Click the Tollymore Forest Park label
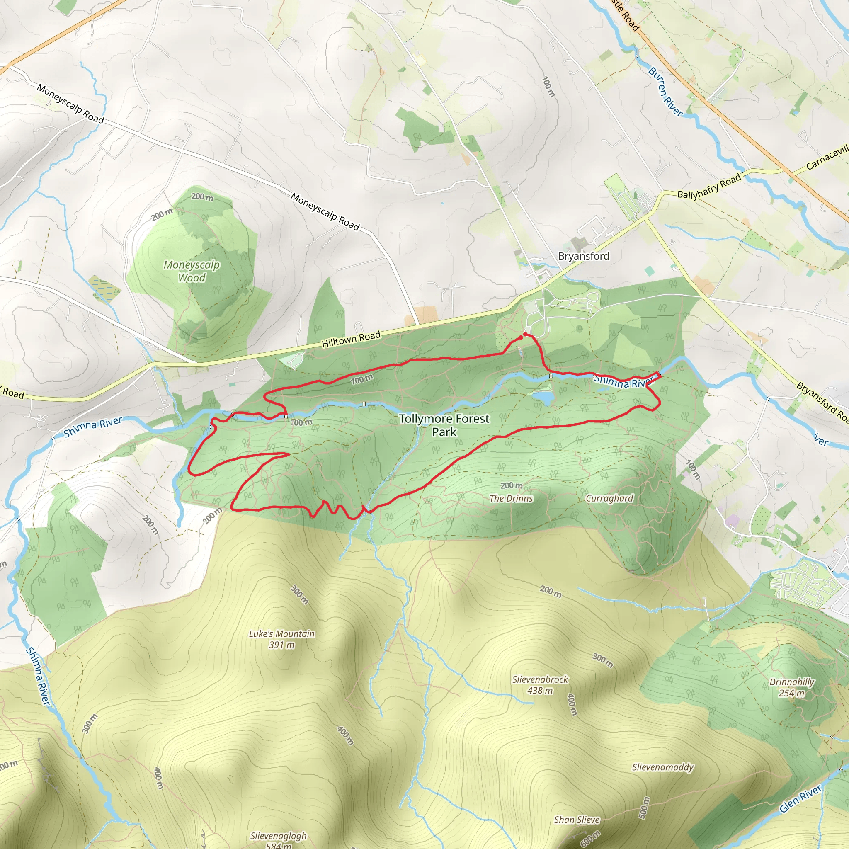point(444,425)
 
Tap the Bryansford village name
point(584,256)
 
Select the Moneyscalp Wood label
point(192,271)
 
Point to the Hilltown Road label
point(351,339)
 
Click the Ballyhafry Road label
point(709,186)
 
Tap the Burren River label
point(665,91)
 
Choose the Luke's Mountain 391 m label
point(281,639)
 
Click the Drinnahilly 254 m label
point(792,688)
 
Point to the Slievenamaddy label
point(663,767)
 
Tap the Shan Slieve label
point(577,820)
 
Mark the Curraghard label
point(609,498)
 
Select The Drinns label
point(511,498)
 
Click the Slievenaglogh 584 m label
point(279,840)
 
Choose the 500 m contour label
point(644,808)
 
